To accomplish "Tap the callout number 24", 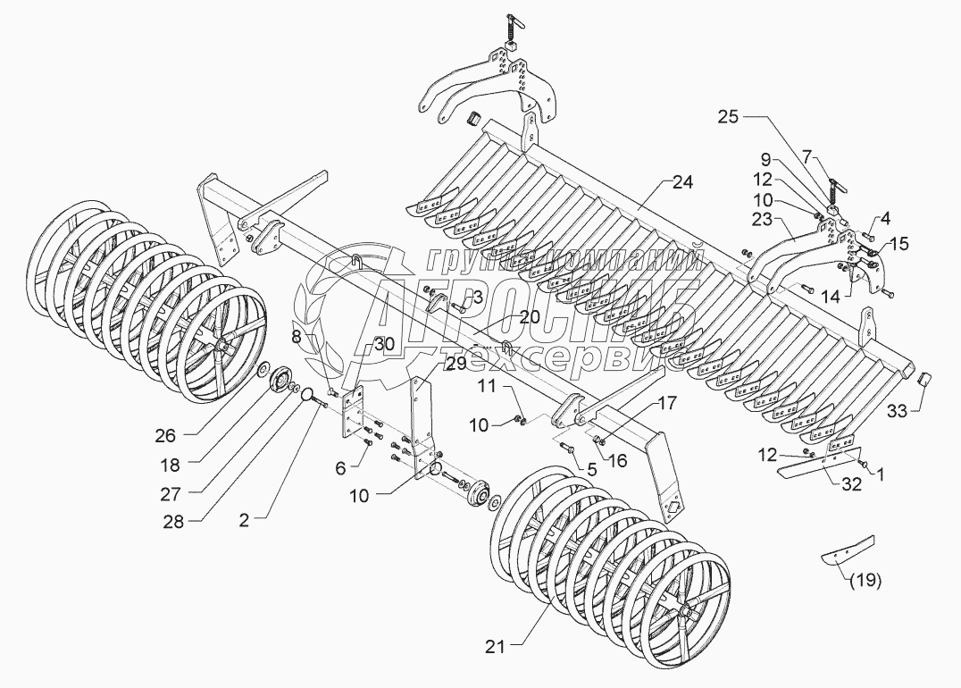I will [683, 182].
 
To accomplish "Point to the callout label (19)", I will [864, 580].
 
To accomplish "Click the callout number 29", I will [455, 364].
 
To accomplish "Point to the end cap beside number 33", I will [925, 379].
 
